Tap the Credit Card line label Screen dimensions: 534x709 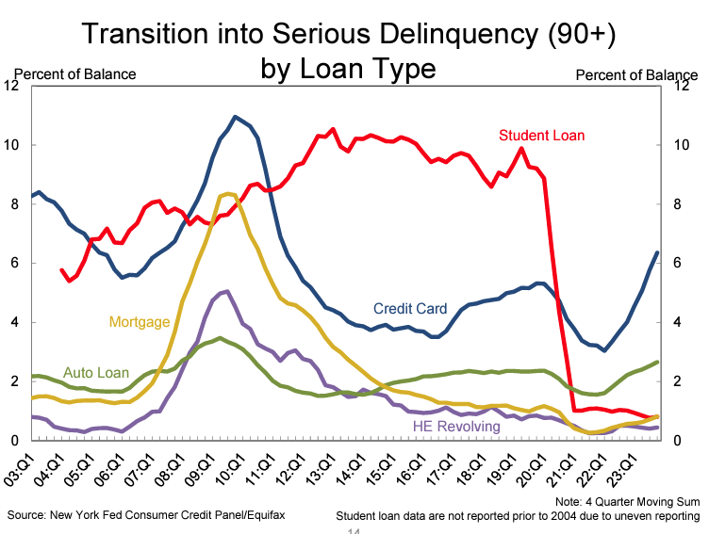[x=411, y=308]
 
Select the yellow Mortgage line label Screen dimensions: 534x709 [x=140, y=322]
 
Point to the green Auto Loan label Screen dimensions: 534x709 [x=96, y=373]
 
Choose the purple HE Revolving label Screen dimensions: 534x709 [x=457, y=427]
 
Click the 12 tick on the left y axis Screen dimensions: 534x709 [x=12, y=86]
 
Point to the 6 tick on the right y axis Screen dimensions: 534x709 [x=680, y=264]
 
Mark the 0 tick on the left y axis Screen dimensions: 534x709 [x=16, y=441]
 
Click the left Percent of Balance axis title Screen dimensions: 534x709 [x=74, y=73]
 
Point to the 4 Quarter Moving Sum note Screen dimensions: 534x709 [x=628, y=501]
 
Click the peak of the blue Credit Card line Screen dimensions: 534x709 [x=235, y=117]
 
